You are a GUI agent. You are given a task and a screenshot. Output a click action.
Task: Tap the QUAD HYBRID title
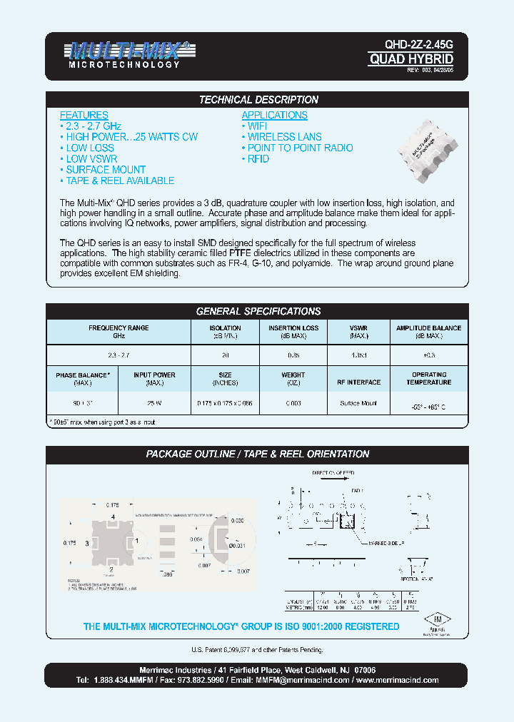coord(410,59)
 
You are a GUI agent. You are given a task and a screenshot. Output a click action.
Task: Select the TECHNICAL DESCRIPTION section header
coord(258,100)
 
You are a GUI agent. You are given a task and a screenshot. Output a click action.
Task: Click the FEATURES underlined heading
coord(84,115)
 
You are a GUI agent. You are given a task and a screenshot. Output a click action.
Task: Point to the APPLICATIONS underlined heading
coord(274,115)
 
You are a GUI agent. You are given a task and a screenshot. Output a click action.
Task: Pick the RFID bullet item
coord(257,159)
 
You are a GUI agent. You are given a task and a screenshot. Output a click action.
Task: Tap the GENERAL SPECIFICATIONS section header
coord(258,311)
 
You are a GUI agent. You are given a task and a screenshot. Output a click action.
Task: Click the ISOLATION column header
coord(225,331)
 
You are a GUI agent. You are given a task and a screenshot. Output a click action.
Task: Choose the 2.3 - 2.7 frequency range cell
coord(118,355)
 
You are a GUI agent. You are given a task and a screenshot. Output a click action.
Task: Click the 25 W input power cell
coord(154,404)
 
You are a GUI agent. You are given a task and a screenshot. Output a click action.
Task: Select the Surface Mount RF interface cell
coord(358,404)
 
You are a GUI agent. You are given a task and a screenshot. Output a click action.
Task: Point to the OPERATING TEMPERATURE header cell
coord(429,378)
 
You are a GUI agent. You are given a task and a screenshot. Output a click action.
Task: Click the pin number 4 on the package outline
coord(113,516)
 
